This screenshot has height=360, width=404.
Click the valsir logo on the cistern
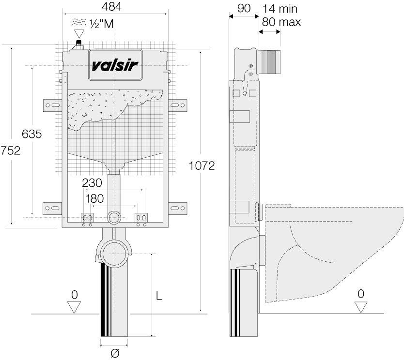[x=115, y=64]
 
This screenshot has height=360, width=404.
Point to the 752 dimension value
[x=11, y=150]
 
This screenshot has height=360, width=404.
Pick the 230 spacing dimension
[x=92, y=183]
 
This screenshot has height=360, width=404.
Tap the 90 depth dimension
[x=244, y=9]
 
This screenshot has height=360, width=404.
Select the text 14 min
[x=280, y=9]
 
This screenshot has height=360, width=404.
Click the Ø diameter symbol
[x=114, y=354]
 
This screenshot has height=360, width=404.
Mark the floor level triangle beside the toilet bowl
[x=360, y=307]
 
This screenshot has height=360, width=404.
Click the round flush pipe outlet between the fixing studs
[x=114, y=217]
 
